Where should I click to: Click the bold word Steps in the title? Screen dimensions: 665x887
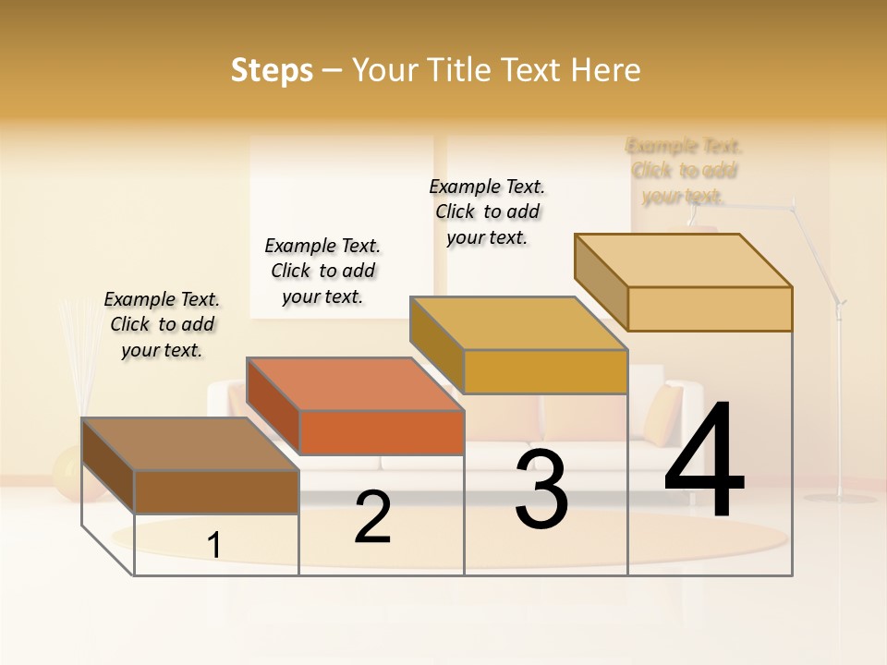(x=272, y=70)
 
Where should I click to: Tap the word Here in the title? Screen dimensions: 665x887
(x=605, y=70)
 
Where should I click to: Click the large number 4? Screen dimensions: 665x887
(x=704, y=461)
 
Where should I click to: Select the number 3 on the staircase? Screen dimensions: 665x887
(x=541, y=490)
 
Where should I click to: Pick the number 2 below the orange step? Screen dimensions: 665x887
(x=373, y=517)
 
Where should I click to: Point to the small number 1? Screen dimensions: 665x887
(x=214, y=546)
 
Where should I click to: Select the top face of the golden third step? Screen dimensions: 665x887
(x=518, y=323)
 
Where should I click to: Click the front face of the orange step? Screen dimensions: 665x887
(x=382, y=432)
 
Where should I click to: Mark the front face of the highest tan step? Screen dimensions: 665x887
(x=710, y=308)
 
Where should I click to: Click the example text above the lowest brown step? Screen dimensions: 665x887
(x=162, y=324)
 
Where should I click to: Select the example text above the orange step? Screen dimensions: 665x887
(x=322, y=271)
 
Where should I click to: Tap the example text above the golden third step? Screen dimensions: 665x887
(x=487, y=212)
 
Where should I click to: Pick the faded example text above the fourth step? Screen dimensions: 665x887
(x=684, y=171)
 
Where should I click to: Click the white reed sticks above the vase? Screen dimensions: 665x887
(x=79, y=356)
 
